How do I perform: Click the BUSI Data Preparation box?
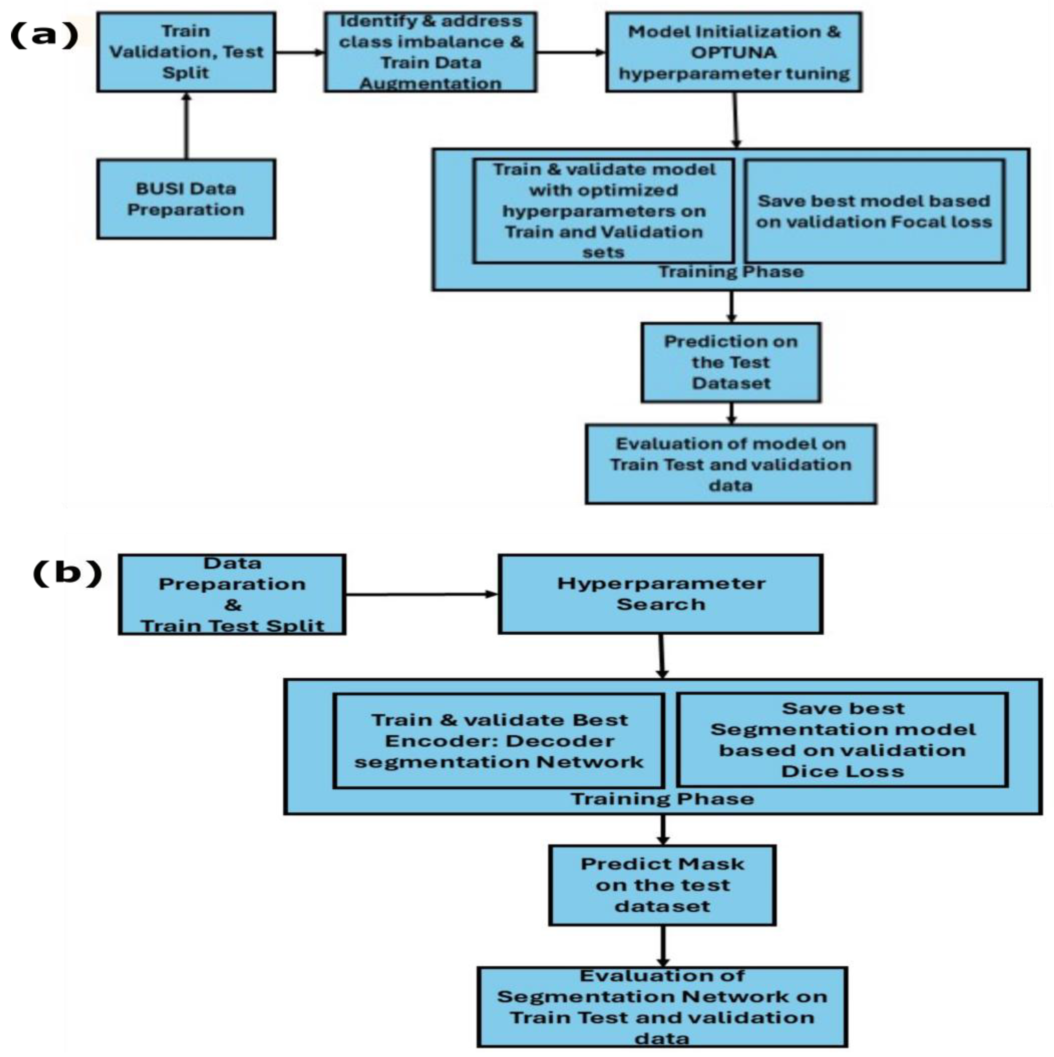click(186, 199)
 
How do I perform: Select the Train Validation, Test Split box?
click(186, 52)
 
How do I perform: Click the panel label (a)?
click(44, 35)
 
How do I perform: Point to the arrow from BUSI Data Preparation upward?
click(186, 126)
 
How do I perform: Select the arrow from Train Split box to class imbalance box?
click(299, 52)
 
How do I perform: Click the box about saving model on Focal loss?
click(874, 211)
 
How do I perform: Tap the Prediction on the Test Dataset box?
click(730, 362)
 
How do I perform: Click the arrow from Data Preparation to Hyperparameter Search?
click(421, 594)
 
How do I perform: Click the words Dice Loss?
click(842, 771)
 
